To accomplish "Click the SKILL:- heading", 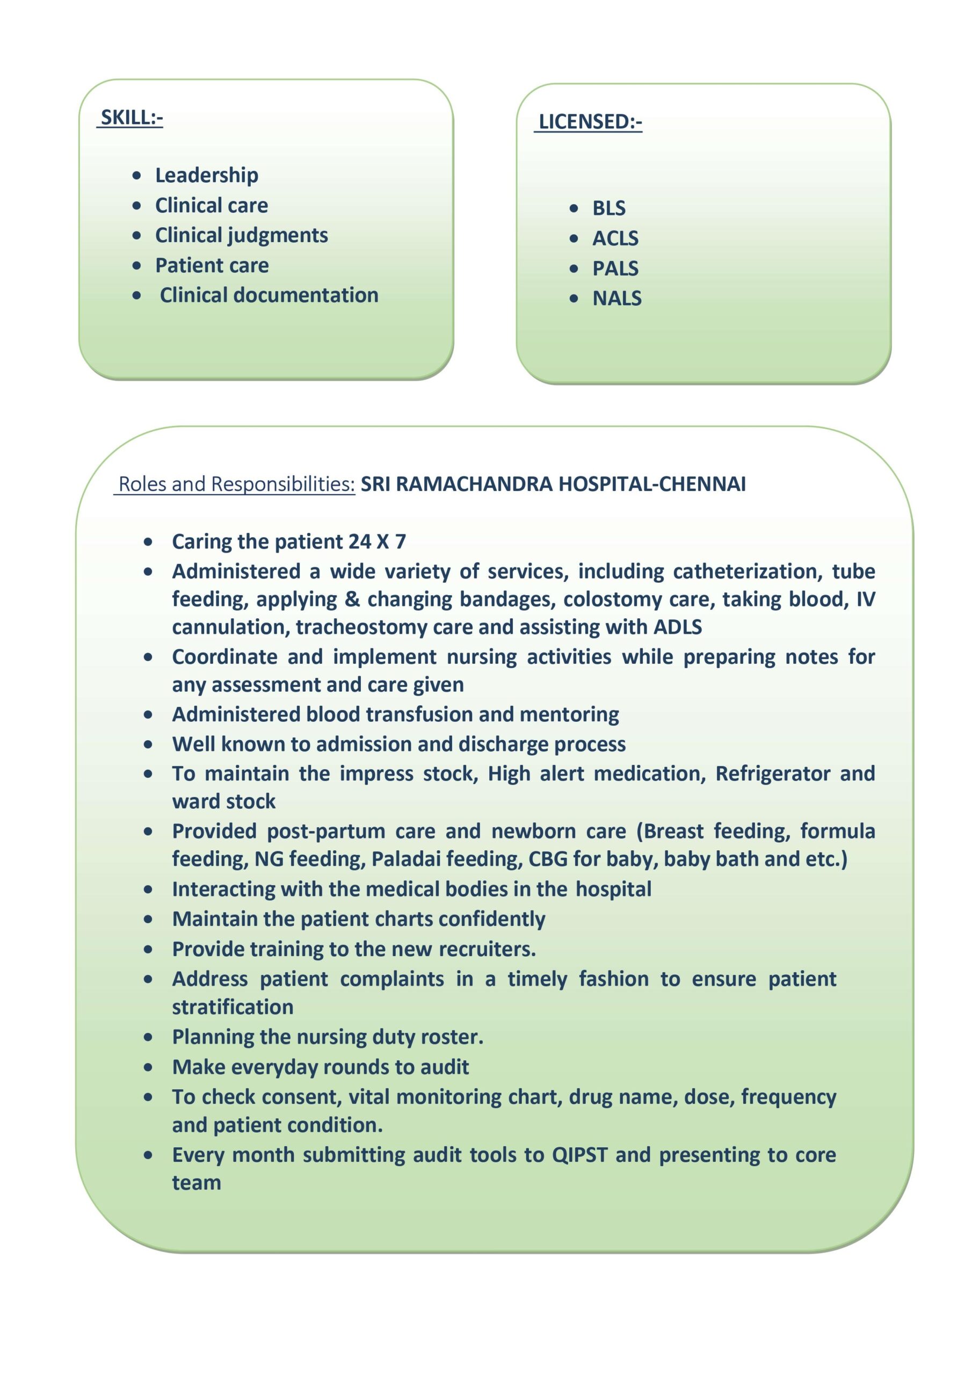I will [x=131, y=118].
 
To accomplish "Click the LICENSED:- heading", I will [x=589, y=121].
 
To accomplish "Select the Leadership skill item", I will [x=207, y=175].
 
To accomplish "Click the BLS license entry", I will [x=608, y=208].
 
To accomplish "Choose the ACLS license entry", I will [x=615, y=238].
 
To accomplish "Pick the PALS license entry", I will [x=615, y=269].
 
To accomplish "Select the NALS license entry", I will [x=617, y=298].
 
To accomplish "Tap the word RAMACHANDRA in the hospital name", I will [x=474, y=484].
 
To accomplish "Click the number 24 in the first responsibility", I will [x=359, y=541].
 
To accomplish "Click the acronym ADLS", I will [x=677, y=627].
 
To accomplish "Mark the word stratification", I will [x=233, y=1007].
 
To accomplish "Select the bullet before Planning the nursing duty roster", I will [x=148, y=1037].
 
